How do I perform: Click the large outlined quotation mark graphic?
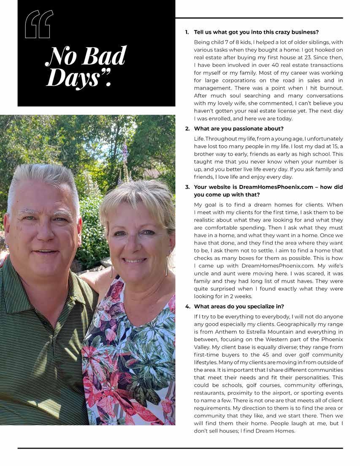pyautogui.click(x=39, y=25)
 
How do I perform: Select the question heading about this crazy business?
pyautogui.click(x=256, y=32)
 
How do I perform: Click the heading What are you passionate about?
pyautogui.click(x=239, y=128)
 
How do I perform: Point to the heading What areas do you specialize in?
pyautogui.click(x=241, y=306)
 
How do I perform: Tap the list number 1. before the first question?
pyautogui.click(x=187, y=32)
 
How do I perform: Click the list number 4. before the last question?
pyautogui.click(x=187, y=306)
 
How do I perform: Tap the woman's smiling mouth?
pyautogui.click(x=134, y=260)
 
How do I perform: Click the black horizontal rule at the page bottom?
pyautogui.click(x=180, y=448)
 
